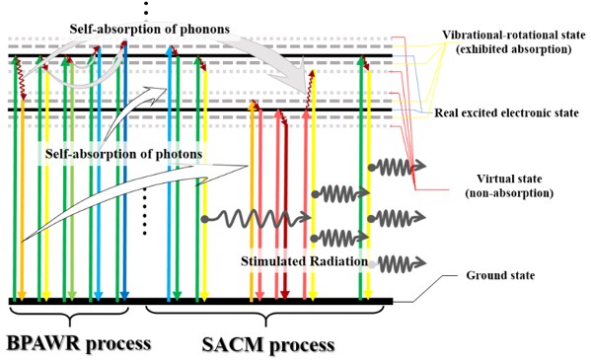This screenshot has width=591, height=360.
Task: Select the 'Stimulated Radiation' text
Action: click(x=302, y=261)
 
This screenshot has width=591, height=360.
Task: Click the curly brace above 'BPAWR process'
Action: click(x=69, y=316)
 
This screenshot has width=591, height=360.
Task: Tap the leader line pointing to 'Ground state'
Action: click(x=424, y=291)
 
